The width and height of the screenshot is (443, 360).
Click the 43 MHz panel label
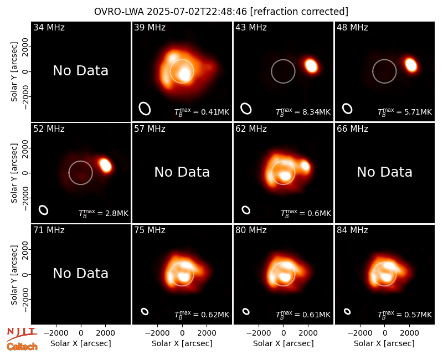coord(251,27)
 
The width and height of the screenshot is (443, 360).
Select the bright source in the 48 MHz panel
coord(411,65)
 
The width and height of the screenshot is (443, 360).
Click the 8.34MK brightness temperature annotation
coord(303,112)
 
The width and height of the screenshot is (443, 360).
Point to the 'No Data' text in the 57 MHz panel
coord(182,172)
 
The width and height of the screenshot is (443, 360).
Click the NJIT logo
coord(22,335)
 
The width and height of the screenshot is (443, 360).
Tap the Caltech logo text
coord(22,347)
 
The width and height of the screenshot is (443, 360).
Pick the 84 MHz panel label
coord(352,230)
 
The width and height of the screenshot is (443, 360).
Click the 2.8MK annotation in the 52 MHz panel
coord(104,213)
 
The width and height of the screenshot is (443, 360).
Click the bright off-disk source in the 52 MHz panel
coord(105,165)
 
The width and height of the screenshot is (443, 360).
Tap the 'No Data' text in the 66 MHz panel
coord(384,172)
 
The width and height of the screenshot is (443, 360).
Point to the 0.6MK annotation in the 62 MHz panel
coord(306,213)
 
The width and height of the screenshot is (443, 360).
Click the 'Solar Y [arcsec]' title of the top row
coord(14,72)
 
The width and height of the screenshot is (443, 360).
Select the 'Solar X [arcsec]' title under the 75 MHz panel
coord(182,343)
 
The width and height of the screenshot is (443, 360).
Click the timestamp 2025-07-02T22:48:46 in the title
coord(197,12)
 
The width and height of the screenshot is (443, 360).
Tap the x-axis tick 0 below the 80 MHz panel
coord(284,333)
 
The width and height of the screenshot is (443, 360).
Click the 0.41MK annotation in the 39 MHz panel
coord(202,112)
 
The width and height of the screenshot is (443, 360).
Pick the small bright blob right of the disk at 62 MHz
coord(305,165)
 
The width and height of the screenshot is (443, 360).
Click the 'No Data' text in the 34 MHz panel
coord(80,71)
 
